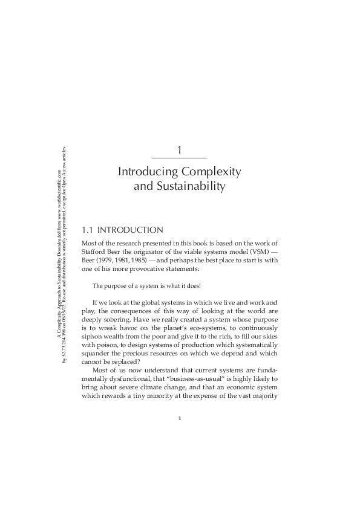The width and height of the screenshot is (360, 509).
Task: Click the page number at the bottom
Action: [180, 418]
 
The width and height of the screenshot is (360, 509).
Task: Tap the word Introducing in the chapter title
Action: [149, 172]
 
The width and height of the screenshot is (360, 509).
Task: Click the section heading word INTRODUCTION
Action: [130, 230]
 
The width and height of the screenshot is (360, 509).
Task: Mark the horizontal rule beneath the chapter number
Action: [180, 158]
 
